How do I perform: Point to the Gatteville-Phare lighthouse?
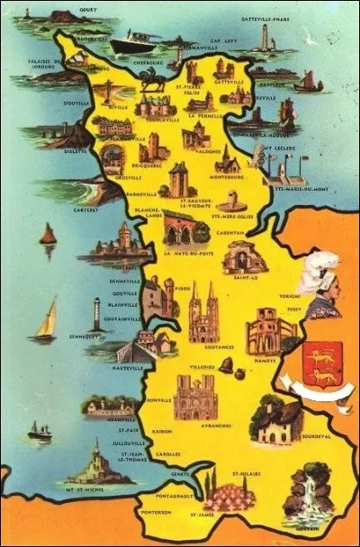click(265, 36)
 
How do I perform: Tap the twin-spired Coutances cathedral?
click(204, 312)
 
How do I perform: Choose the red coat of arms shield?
click(317, 363)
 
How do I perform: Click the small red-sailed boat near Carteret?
click(48, 236)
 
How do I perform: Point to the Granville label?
click(103, 417)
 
